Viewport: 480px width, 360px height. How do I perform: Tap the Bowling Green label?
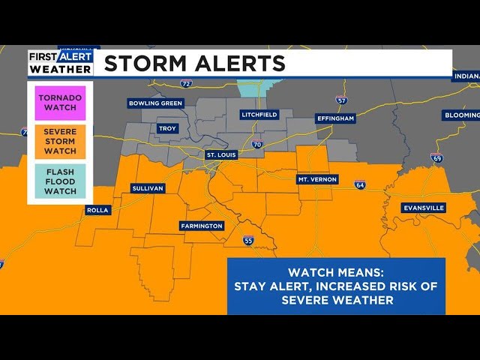coord(155,103)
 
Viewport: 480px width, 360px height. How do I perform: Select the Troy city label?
coord(167,129)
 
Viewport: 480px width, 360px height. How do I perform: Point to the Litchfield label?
coord(259,115)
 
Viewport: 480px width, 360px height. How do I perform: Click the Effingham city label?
coord(334,118)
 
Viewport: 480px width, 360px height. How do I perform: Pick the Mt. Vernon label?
coord(318,179)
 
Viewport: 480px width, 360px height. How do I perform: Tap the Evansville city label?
coord(424,208)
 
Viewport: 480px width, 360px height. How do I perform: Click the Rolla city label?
coord(97,210)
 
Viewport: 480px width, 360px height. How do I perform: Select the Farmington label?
coord(202,226)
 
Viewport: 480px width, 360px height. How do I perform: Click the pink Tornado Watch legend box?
coord(61,103)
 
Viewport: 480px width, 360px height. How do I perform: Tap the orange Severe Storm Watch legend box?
coord(61,141)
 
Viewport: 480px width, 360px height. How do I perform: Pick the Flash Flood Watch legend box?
coord(61,181)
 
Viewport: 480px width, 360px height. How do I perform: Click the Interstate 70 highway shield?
coord(256,144)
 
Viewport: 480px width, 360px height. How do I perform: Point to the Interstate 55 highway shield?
coord(248,241)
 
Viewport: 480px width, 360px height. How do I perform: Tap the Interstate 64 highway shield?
coord(360,184)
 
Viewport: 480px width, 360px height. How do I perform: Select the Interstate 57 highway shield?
coord(342,100)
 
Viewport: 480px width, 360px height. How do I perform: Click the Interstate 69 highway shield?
coord(436,157)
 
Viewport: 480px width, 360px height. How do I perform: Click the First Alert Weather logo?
coord(61,63)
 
